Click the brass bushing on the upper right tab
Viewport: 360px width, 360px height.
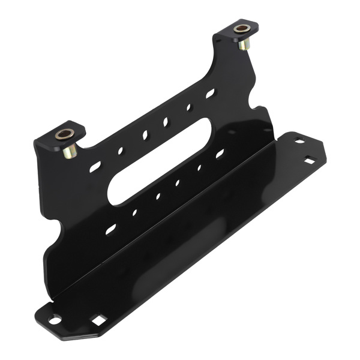click(242, 28)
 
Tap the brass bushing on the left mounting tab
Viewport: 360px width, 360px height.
click(64, 134)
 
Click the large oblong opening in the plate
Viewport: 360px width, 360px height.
click(160, 161)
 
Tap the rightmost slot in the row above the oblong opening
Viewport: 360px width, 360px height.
click(210, 94)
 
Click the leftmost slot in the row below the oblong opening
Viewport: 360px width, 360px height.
click(111, 229)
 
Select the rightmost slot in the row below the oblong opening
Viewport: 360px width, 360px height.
click(220, 154)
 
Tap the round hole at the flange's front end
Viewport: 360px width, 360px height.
click(54, 320)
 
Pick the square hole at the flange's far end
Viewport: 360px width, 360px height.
click(309, 161)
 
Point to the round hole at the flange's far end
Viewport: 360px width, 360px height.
click(298, 142)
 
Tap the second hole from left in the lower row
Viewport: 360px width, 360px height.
click(134, 212)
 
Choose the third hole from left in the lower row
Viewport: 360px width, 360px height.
click(158, 196)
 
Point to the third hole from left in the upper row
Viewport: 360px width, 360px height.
click(145, 135)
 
